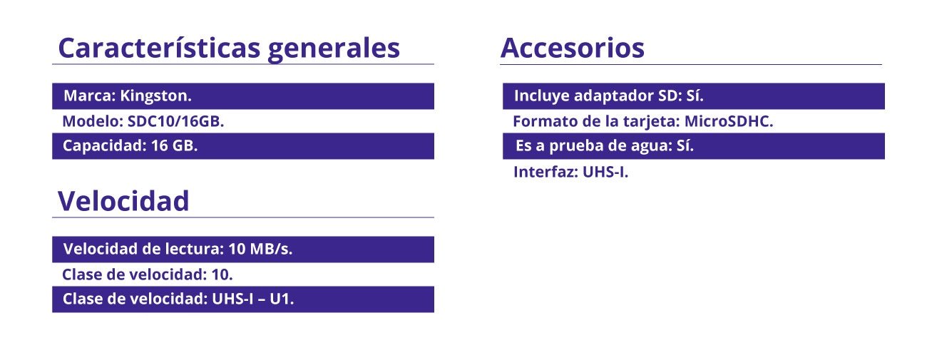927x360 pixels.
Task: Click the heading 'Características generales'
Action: (x=229, y=48)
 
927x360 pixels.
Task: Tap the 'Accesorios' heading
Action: (x=573, y=48)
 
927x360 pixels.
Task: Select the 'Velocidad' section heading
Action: (x=123, y=201)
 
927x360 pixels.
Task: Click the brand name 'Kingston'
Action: (x=155, y=96)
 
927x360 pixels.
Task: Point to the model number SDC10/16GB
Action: (x=175, y=121)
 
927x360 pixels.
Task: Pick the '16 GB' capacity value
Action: (x=174, y=145)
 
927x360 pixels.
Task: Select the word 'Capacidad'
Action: (x=105, y=145)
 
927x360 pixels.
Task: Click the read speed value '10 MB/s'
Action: (x=260, y=249)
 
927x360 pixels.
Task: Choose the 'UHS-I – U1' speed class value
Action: (x=253, y=299)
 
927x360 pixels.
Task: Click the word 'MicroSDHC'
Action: (x=729, y=121)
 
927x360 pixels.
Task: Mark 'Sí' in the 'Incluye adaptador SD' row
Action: (x=695, y=96)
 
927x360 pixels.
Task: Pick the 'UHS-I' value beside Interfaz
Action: (x=605, y=172)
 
